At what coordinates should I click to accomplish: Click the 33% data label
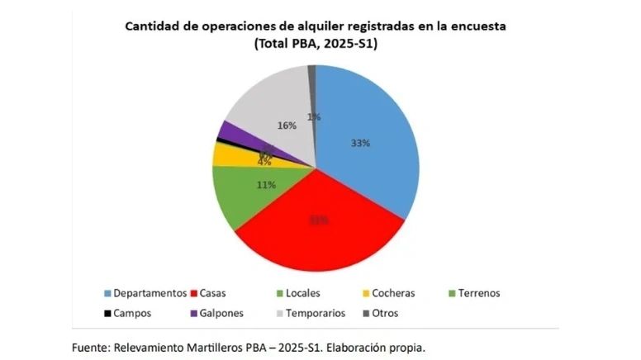click(x=360, y=143)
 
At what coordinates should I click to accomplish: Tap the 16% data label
click(x=287, y=126)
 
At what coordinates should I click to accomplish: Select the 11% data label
click(x=266, y=185)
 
